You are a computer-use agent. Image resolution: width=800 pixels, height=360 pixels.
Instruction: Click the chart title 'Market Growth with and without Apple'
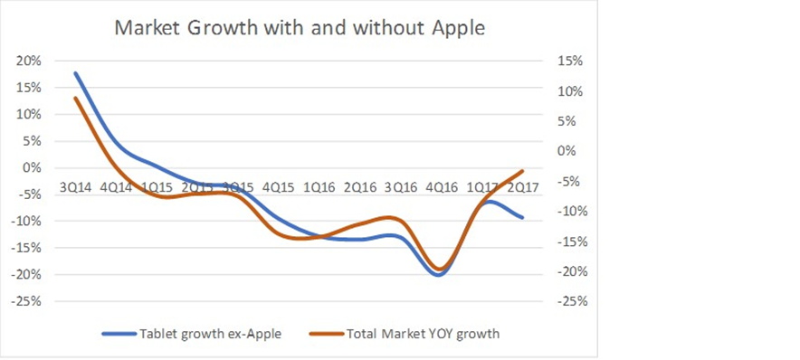pyautogui.click(x=299, y=27)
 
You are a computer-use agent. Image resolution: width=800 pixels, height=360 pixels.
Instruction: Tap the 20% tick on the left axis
pyautogui.click(x=29, y=61)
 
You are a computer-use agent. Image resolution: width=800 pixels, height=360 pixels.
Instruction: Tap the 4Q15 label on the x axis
pyautogui.click(x=277, y=187)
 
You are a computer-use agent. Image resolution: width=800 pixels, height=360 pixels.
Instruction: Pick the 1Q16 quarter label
pyautogui.click(x=318, y=187)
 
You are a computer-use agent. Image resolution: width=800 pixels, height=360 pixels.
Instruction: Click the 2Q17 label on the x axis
pyautogui.click(x=519, y=187)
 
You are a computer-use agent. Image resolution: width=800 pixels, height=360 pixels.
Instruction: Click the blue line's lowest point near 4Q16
pyautogui.click(x=439, y=275)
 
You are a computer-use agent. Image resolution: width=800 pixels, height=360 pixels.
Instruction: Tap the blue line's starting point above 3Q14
pyautogui.click(x=75, y=73)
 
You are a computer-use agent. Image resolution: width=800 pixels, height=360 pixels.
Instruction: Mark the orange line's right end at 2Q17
pyautogui.click(x=522, y=171)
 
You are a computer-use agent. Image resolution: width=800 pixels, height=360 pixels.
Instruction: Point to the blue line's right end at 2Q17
pyautogui.click(x=522, y=217)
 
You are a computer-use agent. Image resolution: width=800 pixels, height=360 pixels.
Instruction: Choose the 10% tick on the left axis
pyautogui.click(x=29, y=114)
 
